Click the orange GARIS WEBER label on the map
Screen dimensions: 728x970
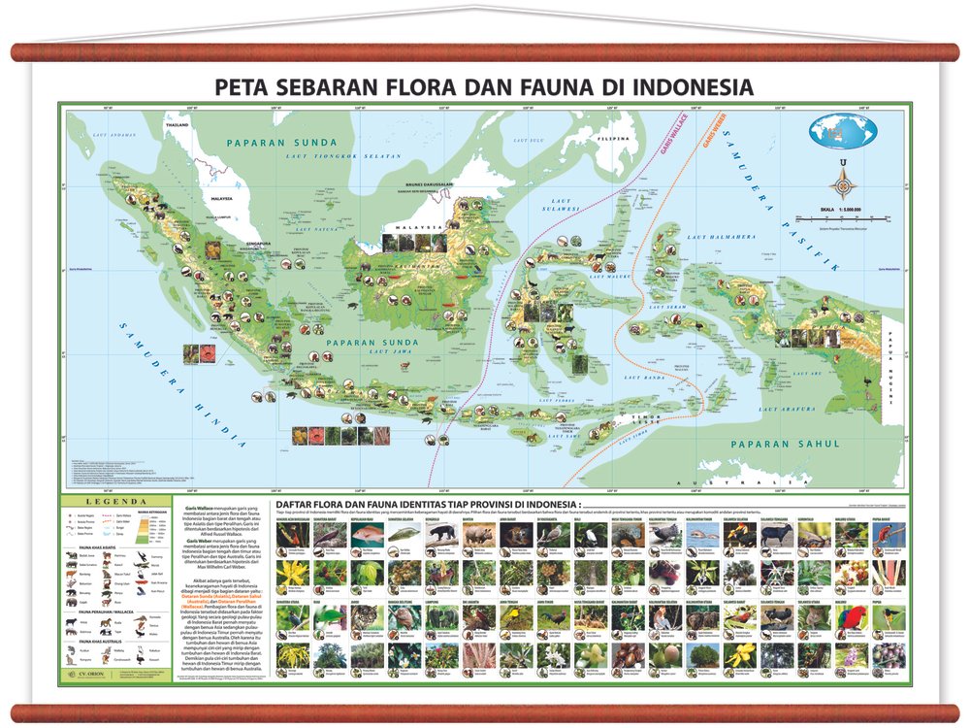(x=714, y=134)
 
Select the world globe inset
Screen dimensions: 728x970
(x=841, y=131)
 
